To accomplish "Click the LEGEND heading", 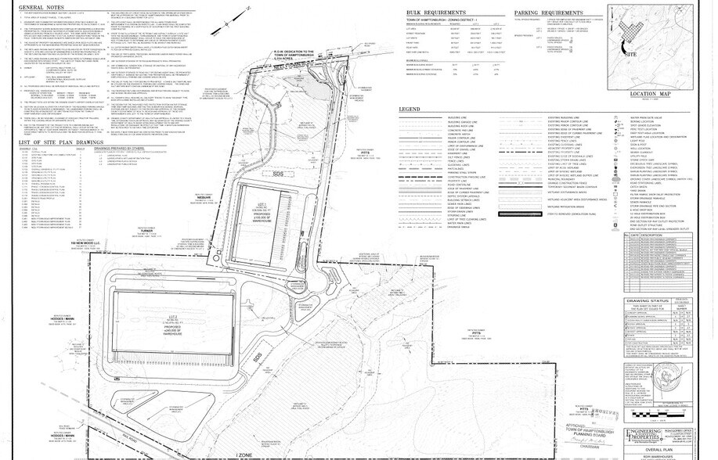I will point(410,109).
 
